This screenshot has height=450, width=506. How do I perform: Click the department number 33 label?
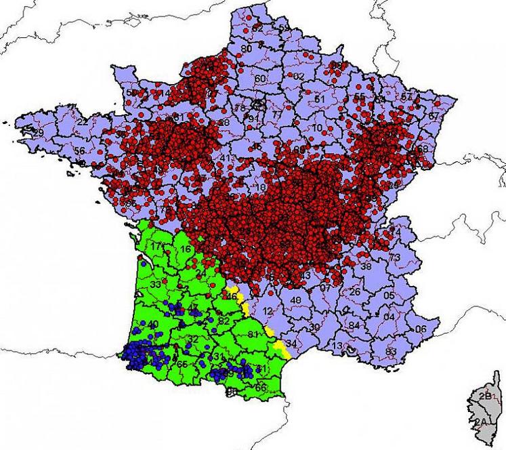click(x=156, y=285)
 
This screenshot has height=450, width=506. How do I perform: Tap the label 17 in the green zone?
click(x=157, y=246)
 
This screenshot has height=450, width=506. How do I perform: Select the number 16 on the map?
click(x=185, y=249)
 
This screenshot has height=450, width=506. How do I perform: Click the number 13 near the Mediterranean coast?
click(x=337, y=346)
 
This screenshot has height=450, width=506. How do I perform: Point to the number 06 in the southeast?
click(x=421, y=329)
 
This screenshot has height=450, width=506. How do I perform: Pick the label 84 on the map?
click(x=354, y=326)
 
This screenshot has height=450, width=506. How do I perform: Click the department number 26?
click(x=354, y=292)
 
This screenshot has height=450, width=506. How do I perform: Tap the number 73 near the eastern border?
click(x=394, y=258)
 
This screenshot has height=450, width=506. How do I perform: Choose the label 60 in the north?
click(x=260, y=79)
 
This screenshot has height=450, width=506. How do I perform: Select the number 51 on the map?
click(x=320, y=100)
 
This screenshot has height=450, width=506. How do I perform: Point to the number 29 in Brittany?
click(x=39, y=132)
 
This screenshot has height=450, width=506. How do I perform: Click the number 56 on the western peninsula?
click(x=80, y=151)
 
